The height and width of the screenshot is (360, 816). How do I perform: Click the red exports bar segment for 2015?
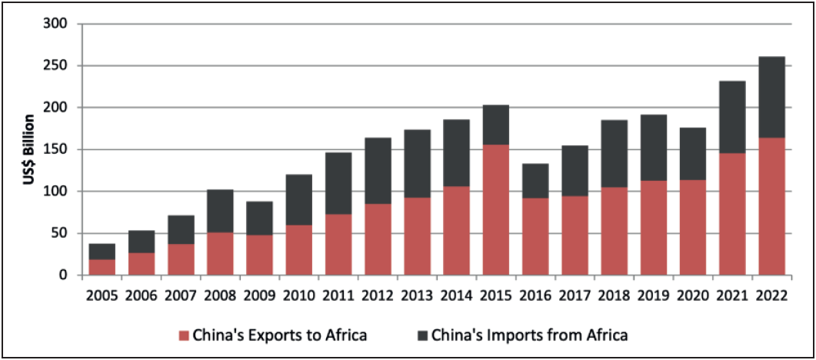click(x=496, y=209)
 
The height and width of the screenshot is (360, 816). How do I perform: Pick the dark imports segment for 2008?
click(x=220, y=211)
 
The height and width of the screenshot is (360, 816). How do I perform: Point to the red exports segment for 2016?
click(x=535, y=236)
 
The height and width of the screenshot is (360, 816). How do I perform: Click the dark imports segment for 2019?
click(x=654, y=148)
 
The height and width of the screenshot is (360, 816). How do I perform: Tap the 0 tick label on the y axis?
click(x=65, y=275)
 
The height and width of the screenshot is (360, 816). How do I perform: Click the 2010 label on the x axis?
click(x=299, y=295)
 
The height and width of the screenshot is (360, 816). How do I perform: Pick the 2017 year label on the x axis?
click(x=575, y=295)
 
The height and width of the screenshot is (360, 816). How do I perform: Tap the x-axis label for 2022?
click(x=771, y=295)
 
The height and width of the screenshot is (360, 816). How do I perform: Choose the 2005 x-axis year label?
click(x=102, y=295)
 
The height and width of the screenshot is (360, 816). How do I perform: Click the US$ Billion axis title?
click(x=28, y=149)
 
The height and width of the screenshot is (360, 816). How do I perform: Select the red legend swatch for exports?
click(x=183, y=335)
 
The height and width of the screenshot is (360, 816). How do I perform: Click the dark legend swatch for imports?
click(x=422, y=335)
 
